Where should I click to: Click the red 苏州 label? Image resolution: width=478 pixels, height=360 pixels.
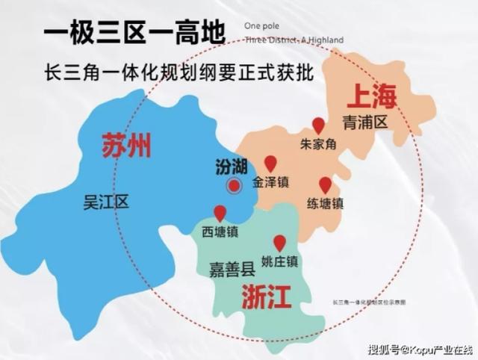126,145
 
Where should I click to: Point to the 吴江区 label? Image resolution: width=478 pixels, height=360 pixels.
107,201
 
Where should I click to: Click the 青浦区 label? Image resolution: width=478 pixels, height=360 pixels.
365,122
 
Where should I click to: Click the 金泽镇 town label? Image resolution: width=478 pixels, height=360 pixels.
270,181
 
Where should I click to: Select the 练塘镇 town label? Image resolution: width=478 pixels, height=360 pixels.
325,203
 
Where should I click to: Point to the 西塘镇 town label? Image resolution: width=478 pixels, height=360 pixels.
220,231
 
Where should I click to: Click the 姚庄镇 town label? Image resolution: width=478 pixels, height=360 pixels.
280,261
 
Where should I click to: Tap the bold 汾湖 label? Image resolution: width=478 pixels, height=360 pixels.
231,165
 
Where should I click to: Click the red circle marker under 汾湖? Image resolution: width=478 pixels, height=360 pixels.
234,186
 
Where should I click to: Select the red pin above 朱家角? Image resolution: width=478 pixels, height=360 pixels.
318,125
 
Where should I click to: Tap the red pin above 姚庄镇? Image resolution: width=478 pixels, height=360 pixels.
279,243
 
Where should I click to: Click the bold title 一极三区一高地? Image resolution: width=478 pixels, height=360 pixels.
133,34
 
